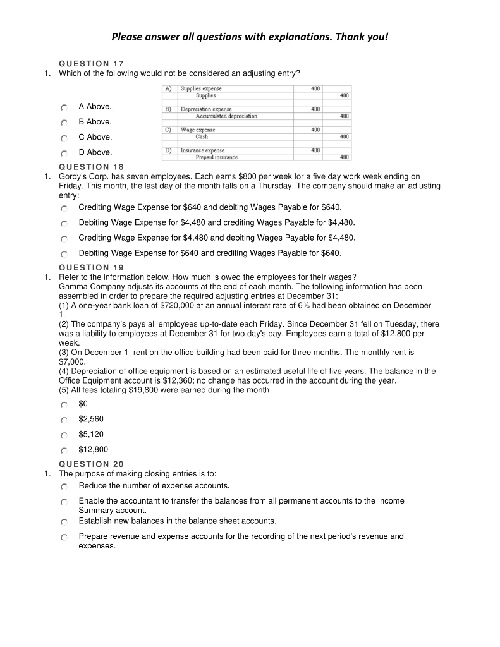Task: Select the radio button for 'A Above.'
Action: pyautogui.click(x=64, y=107)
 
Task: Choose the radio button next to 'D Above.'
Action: pyautogui.click(x=64, y=153)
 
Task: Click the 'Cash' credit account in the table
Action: pyautogui.click(x=202, y=136)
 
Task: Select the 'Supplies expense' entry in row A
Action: pyautogui.click(x=201, y=89)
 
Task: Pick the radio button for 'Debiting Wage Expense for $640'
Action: pyautogui.click(x=64, y=254)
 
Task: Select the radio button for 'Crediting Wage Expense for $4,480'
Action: pyautogui.click(x=64, y=239)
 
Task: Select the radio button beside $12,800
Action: pyautogui.click(x=64, y=450)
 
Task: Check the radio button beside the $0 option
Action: pyautogui.click(x=64, y=404)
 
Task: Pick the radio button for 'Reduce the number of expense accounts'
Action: pyautogui.click(x=64, y=487)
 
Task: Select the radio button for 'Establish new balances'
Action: pyautogui.click(x=64, y=522)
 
